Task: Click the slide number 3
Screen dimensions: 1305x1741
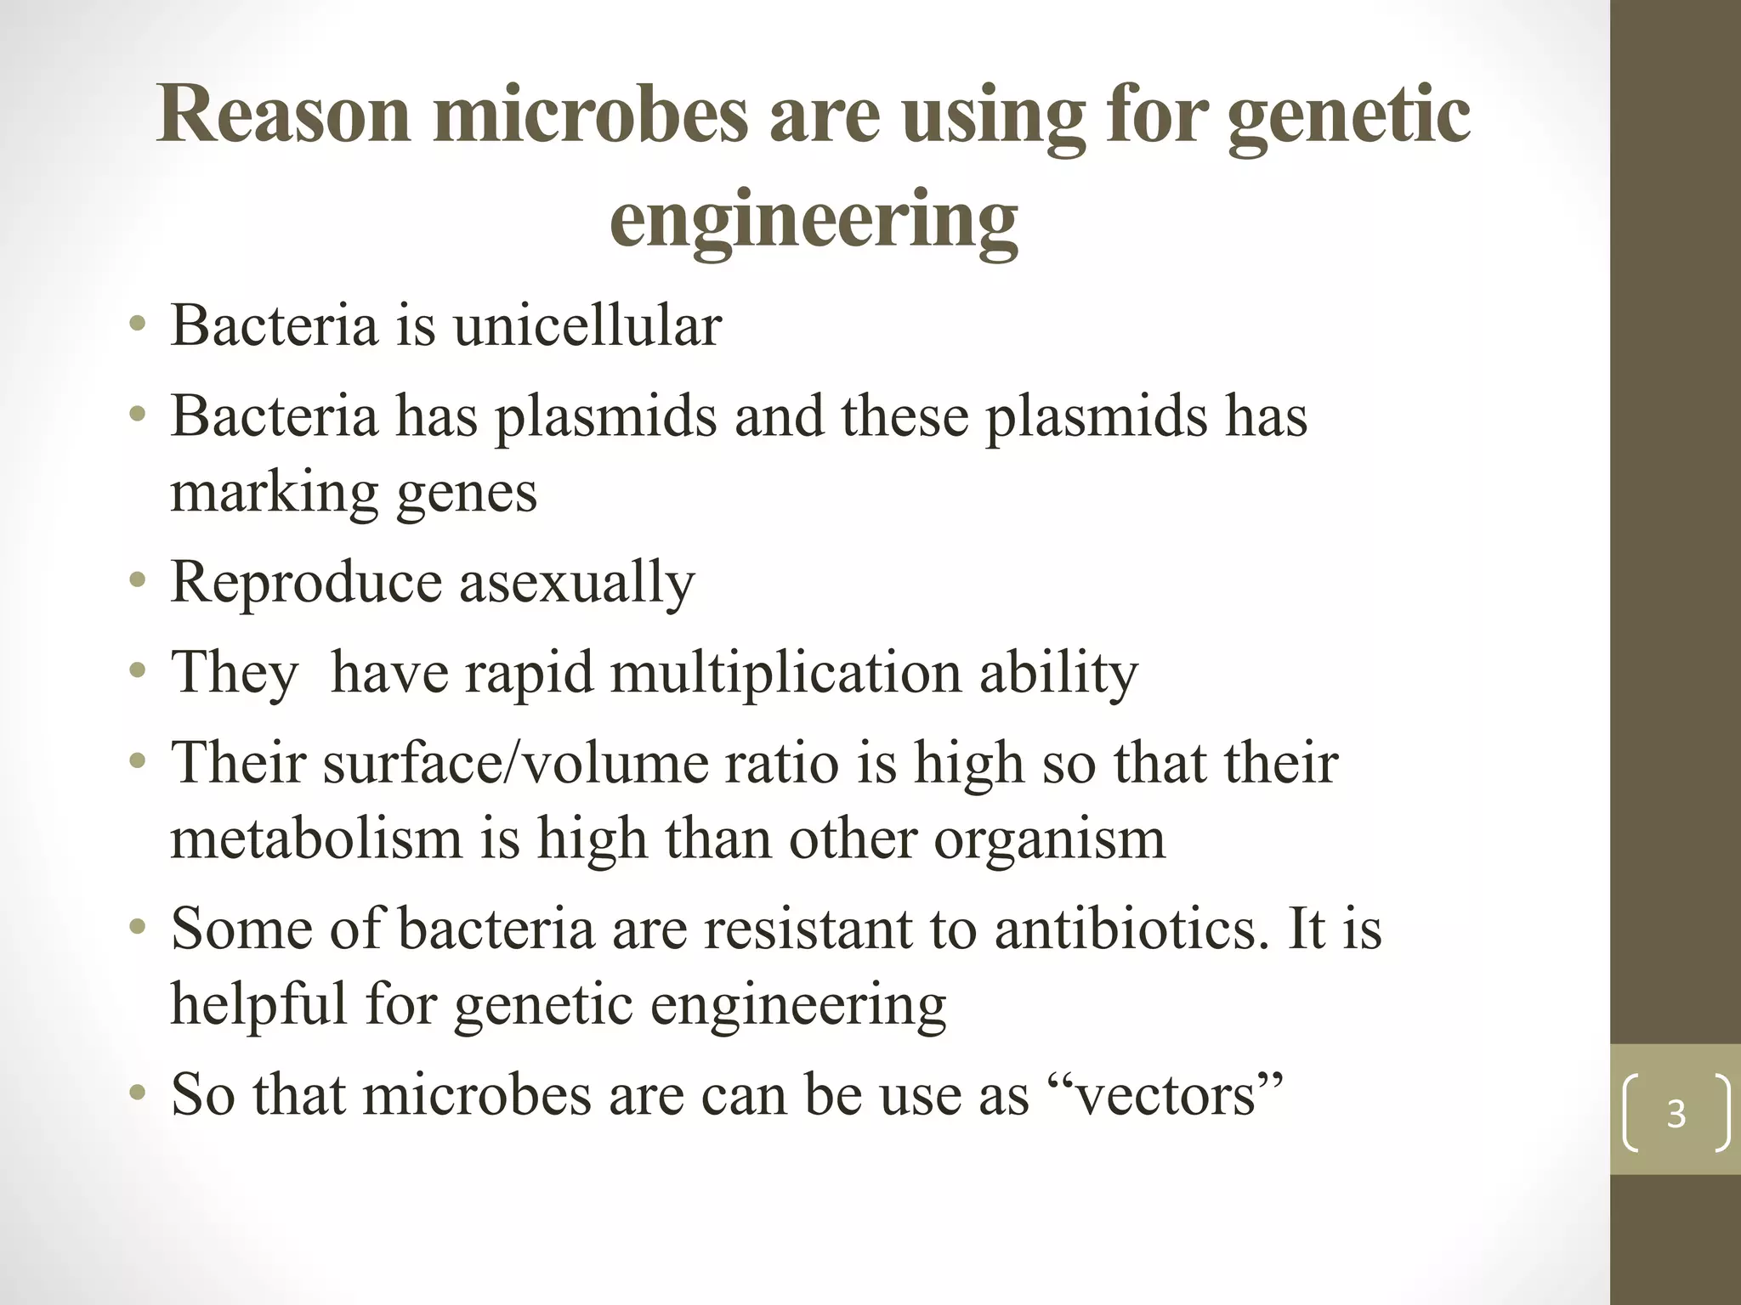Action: point(1676,1114)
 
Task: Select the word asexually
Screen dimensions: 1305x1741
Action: point(577,583)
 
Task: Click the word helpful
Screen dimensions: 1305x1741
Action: point(259,1003)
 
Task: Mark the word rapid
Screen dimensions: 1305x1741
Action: point(528,673)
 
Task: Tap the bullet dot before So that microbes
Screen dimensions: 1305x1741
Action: point(138,1093)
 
